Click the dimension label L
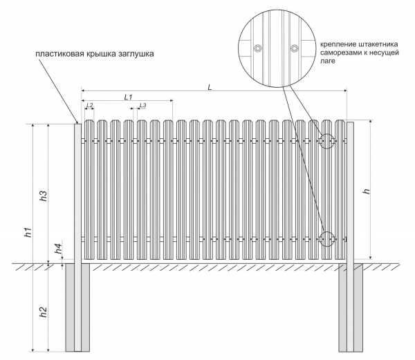pos(210,87)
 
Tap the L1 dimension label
pos(128,97)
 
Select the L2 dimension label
pos(89,105)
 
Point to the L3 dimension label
pos(142,105)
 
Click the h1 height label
pos(28,232)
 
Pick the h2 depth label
pos(43,312)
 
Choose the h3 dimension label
pos(43,196)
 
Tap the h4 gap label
pos(59,249)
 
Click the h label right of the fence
pos(367,191)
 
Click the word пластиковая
pos(59,54)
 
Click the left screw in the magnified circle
pos(258,48)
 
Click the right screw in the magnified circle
pos(295,48)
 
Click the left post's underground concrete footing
pos(77,307)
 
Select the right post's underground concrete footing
pos(351,307)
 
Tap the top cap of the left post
pos(77,124)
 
